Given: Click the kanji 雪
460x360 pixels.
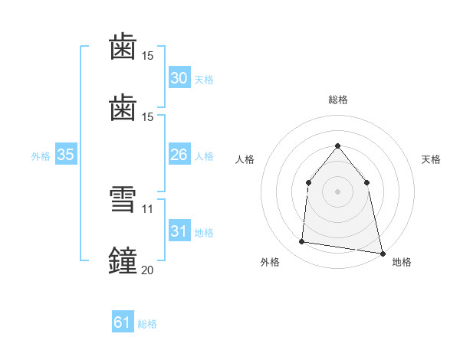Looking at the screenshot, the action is pyautogui.click(x=123, y=199).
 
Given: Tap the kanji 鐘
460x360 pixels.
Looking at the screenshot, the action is pyautogui.click(x=123, y=260).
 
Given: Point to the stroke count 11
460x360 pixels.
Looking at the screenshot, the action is pyautogui.click(x=147, y=209).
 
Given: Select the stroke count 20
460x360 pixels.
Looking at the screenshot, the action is pyautogui.click(x=147, y=270).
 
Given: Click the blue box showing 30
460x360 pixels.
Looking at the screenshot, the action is pyautogui.click(x=179, y=77).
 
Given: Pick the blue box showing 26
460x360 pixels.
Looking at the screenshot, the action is pyautogui.click(x=179, y=154).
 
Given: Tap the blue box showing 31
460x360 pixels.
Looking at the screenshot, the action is pyautogui.click(x=179, y=230).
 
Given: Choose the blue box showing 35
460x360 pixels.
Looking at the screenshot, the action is pyautogui.click(x=66, y=154).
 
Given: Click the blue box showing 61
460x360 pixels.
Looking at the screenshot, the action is pyautogui.click(x=123, y=321).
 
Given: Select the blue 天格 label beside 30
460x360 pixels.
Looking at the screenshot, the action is pyautogui.click(x=204, y=80).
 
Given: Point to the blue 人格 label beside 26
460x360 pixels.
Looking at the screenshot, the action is pyautogui.click(x=204, y=156).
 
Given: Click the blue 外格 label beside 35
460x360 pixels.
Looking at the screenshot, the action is pyautogui.click(x=41, y=156).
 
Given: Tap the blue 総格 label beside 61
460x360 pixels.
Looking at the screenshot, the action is pyautogui.click(x=147, y=324).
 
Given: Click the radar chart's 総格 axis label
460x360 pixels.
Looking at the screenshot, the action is pyautogui.click(x=338, y=100).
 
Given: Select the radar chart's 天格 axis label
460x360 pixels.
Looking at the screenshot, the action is pyautogui.click(x=431, y=159).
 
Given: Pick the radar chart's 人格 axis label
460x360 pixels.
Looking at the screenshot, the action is pyautogui.click(x=245, y=159).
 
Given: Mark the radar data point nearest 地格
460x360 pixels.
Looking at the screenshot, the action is pyautogui.click(x=383, y=254).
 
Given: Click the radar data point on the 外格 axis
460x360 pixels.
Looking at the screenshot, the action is pyautogui.click(x=301, y=241).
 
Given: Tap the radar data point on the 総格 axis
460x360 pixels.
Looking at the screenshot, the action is pyautogui.click(x=337, y=146).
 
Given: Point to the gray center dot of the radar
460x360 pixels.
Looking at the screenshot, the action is pyautogui.click(x=337, y=191).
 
